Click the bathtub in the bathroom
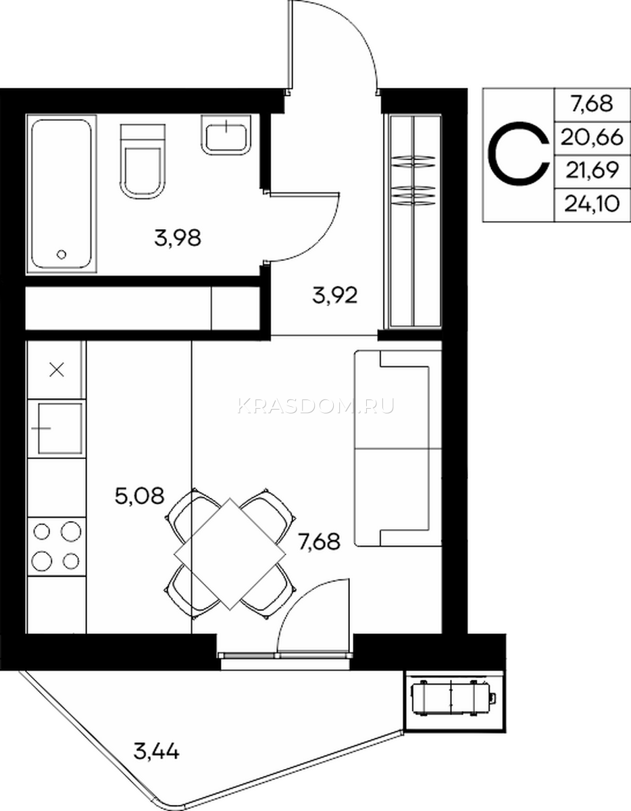point(61,194)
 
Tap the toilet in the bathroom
point(143,162)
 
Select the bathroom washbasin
point(226,134)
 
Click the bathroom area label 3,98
point(178,238)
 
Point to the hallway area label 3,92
point(335,295)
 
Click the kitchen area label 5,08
point(139,496)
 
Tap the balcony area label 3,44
point(156,751)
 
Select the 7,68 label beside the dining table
point(319,541)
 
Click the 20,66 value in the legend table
point(592,138)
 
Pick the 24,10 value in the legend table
point(592,204)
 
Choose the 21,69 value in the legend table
point(592,170)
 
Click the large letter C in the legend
point(519,154)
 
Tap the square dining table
point(230,554)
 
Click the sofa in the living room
point(398,449)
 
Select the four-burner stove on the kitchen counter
point(57,547)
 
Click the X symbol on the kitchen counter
point(57,370)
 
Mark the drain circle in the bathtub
point(62,255)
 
